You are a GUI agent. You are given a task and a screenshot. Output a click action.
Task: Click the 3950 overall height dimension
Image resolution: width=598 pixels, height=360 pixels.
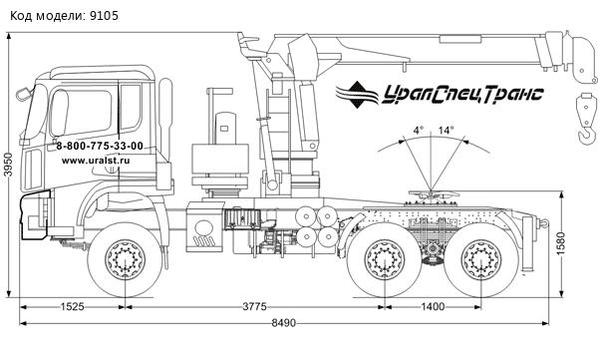pos(8,165)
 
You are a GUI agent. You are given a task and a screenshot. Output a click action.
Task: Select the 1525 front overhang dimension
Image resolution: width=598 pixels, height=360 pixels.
pos(73,306)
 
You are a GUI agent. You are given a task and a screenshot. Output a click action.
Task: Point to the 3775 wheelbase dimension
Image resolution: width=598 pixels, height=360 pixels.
pos(255,306)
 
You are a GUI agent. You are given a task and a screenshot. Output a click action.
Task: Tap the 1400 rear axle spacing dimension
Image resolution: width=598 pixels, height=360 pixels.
pos(433,306)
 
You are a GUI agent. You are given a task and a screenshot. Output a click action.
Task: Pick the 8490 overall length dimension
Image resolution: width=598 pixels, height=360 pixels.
pos(284,323)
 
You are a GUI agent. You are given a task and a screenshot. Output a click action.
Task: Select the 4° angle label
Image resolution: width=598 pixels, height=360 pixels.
pos(419,131)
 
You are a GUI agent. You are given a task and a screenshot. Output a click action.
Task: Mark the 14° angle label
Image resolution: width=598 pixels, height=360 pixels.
pos(446,131)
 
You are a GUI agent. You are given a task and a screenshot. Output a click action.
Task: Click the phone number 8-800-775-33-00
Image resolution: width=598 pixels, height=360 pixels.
pos(100,146)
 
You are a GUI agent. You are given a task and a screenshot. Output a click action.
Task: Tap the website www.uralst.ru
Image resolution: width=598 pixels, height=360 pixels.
pos(96,161)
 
